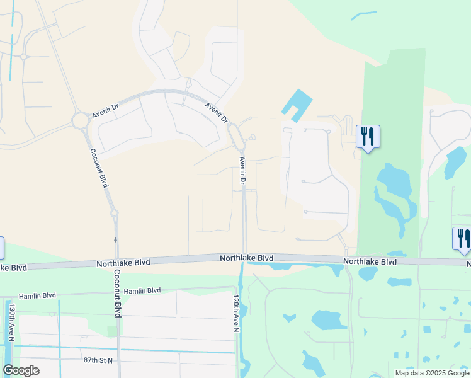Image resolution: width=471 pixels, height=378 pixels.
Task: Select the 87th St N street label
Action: [98, 360]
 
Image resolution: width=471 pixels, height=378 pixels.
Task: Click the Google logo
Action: [21, 370]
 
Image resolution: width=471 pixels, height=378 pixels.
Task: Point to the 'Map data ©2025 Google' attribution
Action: [431, 373]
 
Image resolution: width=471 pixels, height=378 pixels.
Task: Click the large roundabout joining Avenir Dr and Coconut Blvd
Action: [81, 120]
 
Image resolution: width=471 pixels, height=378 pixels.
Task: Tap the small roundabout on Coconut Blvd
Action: [114, 213]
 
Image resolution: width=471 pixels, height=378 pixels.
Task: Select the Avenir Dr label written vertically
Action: [242, 170]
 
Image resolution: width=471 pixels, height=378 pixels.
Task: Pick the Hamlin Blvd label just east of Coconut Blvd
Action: [142, 290]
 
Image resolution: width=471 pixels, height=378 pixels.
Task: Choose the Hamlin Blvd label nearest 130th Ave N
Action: [37, 295]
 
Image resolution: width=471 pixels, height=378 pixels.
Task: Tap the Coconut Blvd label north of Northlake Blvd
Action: [99, 168]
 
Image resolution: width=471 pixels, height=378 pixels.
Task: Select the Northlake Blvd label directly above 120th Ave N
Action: [246, 258]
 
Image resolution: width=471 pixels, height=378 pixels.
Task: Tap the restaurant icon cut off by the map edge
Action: [463, 239]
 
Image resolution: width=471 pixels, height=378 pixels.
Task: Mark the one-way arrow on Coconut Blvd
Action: [115, 239]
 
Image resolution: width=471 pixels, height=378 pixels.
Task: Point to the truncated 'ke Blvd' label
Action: [13, 268]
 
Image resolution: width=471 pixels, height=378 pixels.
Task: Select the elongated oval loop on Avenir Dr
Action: [237, 136]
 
